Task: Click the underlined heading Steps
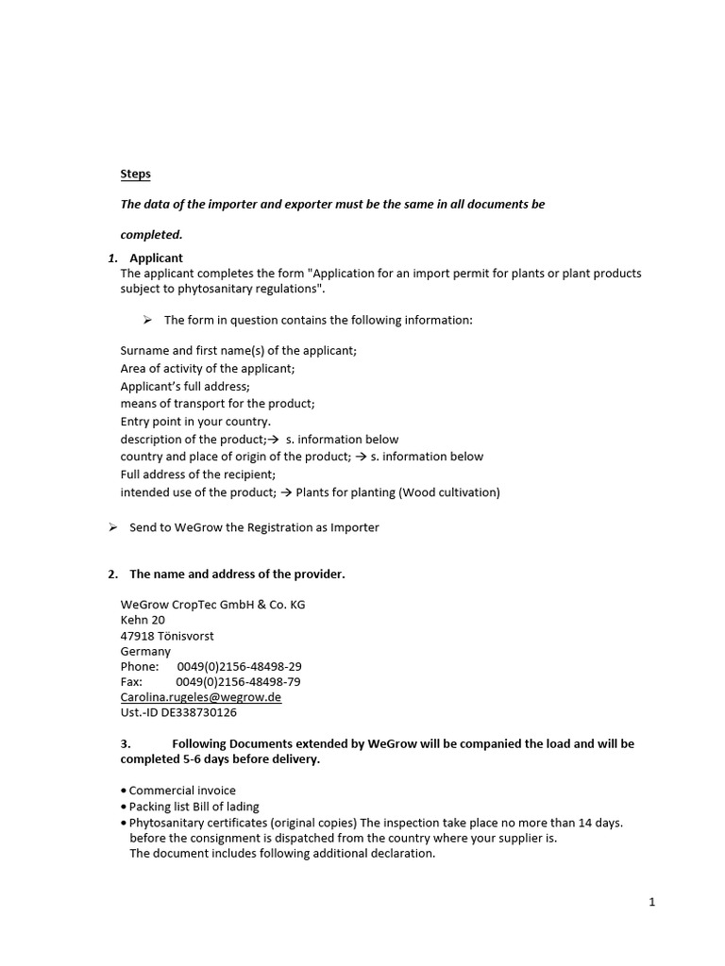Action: click(135, 174)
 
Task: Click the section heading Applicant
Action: click(156, 258)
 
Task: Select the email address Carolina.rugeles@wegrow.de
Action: click(200, 697)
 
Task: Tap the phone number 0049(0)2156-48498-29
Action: click(239, 666)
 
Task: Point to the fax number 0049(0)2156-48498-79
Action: click(239, 681)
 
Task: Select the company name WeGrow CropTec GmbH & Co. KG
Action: click(212, 605)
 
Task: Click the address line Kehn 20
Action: click(143, 620)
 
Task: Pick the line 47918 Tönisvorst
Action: click(167, 636)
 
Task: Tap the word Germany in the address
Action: click(145, 651)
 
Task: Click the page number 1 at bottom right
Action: click(651, 902)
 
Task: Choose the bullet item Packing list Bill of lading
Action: click(194, 807)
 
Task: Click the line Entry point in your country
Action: click(195, 422)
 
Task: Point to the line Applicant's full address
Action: click(185, 386)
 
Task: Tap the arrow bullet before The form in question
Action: click(148, 320)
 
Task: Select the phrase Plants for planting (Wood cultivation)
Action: click(397, 491)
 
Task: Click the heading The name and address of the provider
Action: click(237, 575)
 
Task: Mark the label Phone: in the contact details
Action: click(140, 666)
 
